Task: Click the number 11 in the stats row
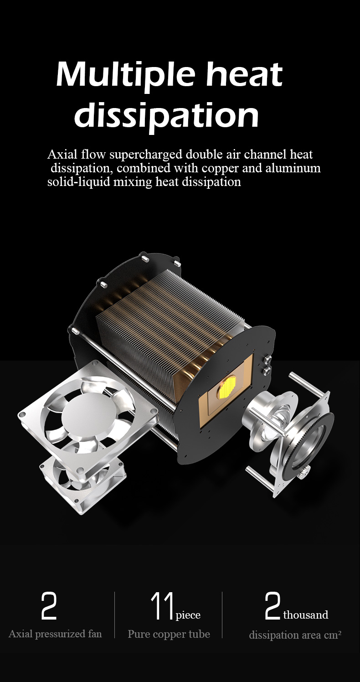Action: point(162,607)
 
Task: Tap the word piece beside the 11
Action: point(188,615)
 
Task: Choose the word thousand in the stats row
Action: point(305,615)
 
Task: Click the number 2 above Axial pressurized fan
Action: point(49,606)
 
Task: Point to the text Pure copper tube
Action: point(169,634)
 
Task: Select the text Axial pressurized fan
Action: point(55,634)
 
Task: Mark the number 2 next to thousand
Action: point(272,606)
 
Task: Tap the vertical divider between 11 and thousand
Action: point(222,615)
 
